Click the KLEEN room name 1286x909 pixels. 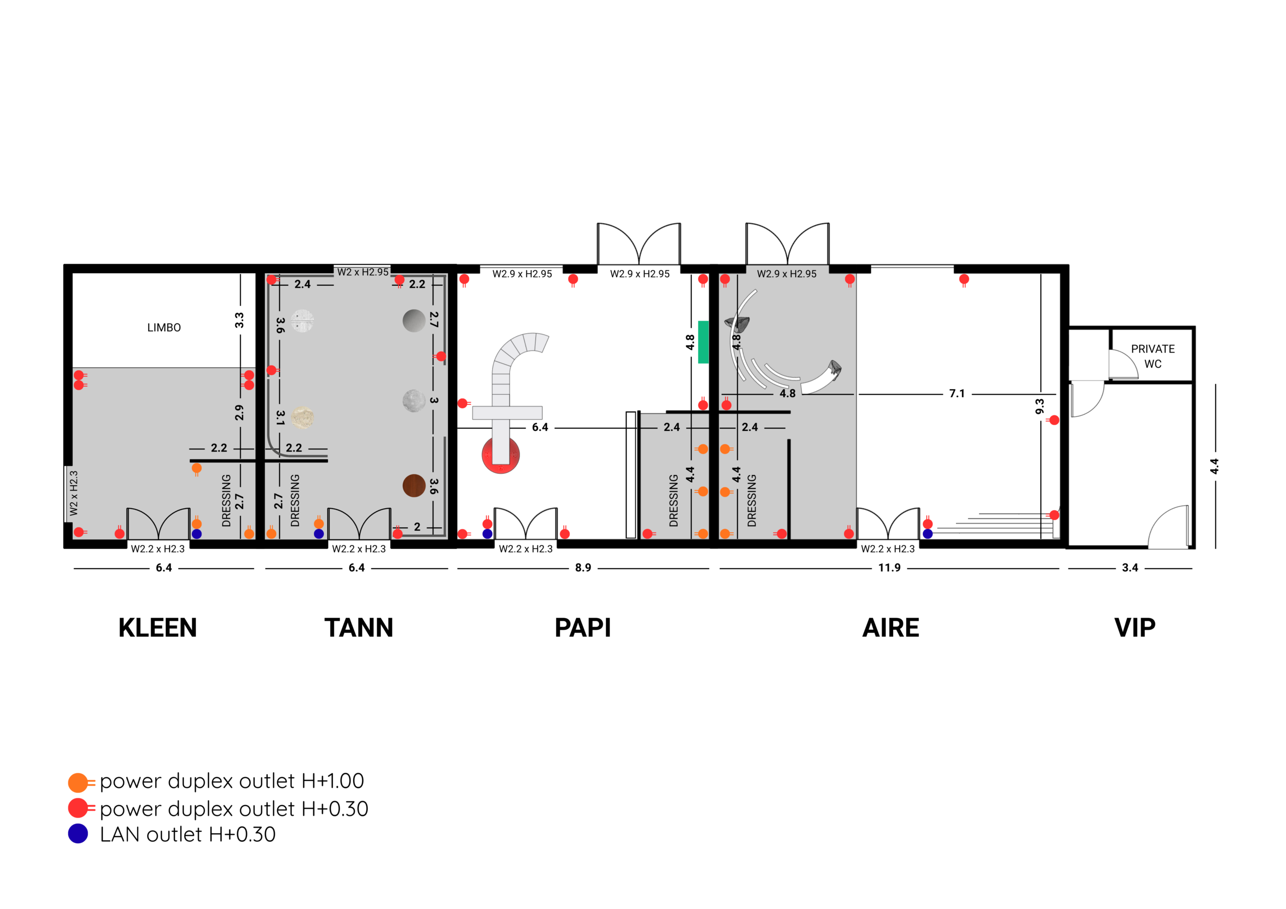coord(157,628)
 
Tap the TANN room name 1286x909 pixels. coord(359,628)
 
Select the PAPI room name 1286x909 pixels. coord(583,628)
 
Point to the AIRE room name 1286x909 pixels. coord(891,628)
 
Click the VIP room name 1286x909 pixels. coord(1135,628)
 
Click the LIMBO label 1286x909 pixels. coord(164,327)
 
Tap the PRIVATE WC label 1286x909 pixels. coord(1153,356)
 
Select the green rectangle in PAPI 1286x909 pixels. coord(703,342)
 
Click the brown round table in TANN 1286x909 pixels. coord(414,486)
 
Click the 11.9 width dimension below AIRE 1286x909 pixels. coord(890,568)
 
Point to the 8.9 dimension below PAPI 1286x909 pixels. coord(583,568)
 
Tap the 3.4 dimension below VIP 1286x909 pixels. coord(1130,568)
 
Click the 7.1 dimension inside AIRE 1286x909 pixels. coord(957,394)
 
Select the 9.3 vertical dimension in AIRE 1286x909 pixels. coord(1040,407)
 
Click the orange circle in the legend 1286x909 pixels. coord(78,782)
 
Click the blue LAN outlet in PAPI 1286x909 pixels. coord(487,534)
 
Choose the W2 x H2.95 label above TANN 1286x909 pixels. coord(363,272)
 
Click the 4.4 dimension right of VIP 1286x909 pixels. coord(1214,467)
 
